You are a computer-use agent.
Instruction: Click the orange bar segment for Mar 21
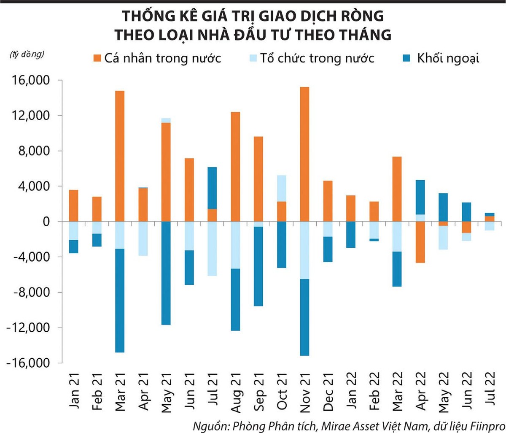[x=119, y=156]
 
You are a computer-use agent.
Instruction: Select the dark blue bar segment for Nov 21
[x=304, y=317]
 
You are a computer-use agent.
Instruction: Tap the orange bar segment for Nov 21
[x=304, y=154]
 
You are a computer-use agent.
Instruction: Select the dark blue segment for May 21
[x=166, y=273]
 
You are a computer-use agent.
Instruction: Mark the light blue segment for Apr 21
[x=143, y=238]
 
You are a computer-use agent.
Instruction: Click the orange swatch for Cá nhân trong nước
[x=97, y=58]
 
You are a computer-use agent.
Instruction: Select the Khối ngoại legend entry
[x=448, y=58]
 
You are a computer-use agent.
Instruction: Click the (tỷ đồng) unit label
[x=27, y=54]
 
